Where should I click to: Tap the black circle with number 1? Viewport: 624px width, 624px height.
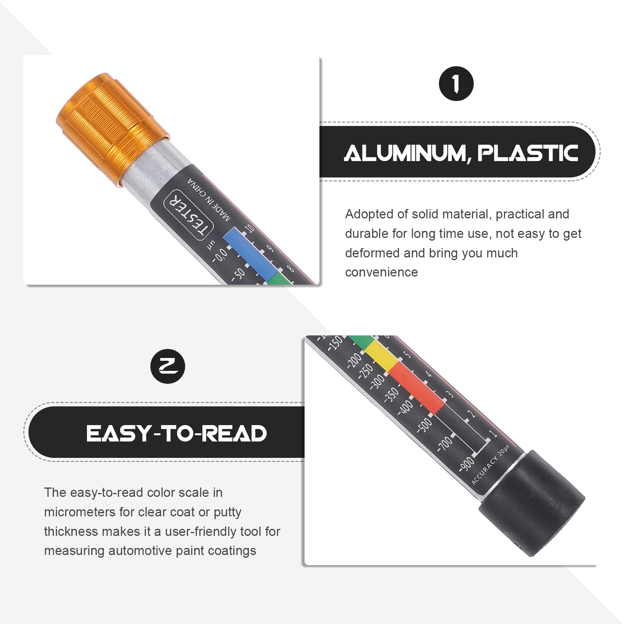(456, 84)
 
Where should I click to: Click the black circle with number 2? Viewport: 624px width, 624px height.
(168, 366)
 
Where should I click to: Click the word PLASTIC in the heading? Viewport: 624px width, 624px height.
(528, 153)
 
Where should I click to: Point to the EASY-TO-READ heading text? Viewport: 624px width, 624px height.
(177, 434)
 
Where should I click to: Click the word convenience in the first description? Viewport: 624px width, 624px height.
(381, 272)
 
